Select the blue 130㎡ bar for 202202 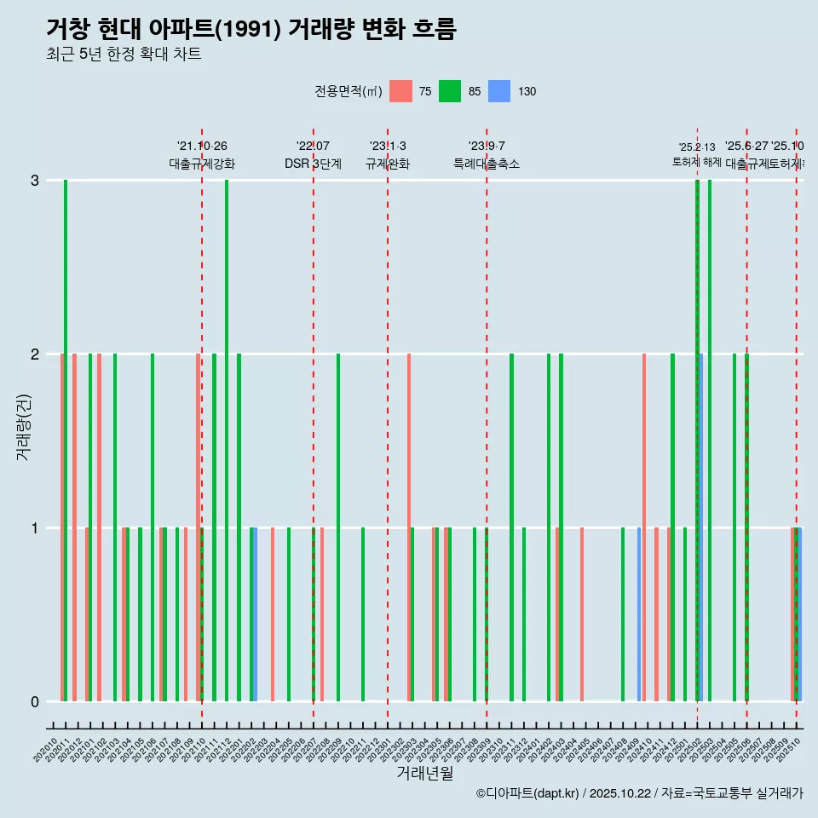(x=255, y=614)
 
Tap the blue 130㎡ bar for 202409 (x=639, y=614)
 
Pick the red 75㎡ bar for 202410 (x=644, y=527)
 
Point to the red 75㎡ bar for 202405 (x=582, y=614)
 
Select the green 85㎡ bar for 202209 (x=338, y=527)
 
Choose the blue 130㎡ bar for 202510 (x=799, y=614)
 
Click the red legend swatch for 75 (x=400, y=91)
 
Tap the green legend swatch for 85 (x=450, y=91)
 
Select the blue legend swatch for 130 (x=499, y=91)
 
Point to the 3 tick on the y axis (x=35, y=181)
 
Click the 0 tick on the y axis (x=35, y=702)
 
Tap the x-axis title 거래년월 (x=424, y=773)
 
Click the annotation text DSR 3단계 (x=313, y=164)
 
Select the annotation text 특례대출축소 (x=486, y=164)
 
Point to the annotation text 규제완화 (x=388, y=164)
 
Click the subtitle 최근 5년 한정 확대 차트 (x=124, y=55)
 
